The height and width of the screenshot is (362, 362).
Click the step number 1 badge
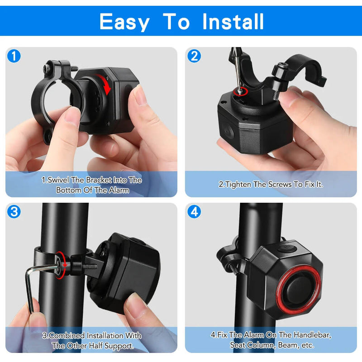14,56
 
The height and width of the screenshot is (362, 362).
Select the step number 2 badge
194,56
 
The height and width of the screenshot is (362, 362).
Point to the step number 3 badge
14,211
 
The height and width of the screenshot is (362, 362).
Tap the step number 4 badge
194,211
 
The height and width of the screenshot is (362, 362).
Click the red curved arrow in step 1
107,86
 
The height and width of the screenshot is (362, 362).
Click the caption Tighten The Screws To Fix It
271,184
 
